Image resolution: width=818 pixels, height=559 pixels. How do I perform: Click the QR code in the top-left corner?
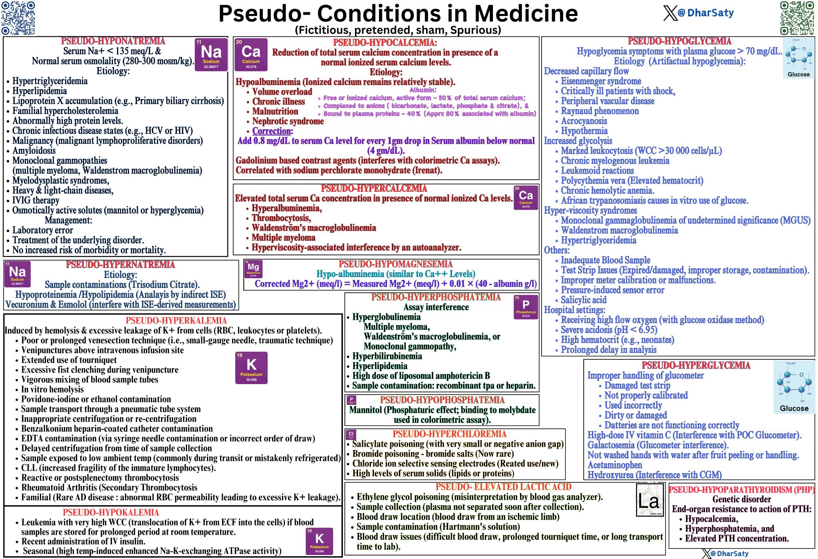[x=18, y=18]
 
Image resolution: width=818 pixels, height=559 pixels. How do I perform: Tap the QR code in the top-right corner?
[x=797, y=18]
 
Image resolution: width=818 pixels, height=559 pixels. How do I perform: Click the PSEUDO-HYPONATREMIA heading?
[x=113, y=41]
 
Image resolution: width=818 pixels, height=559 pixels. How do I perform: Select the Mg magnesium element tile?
[x=253, y=269]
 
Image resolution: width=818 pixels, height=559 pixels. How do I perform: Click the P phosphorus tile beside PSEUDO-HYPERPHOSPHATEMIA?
[x=526, y=307]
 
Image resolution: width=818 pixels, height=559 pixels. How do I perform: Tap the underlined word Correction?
[x=272, y=131]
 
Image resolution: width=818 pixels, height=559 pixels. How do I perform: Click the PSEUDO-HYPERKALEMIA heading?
[x=176, y=321]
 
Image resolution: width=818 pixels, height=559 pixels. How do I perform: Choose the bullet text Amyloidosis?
[x=34, y=151]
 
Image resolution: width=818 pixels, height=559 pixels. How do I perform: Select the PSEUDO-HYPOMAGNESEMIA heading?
[x=395, y=264]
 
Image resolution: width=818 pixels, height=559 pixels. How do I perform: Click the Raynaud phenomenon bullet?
[x=600, y=111]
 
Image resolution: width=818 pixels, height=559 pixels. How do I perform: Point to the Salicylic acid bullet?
[x=584, y=300]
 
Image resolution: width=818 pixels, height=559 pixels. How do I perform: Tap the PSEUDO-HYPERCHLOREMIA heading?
[x=449, y=434]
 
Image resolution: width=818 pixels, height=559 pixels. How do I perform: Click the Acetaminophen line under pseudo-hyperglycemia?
[x=615, y=465]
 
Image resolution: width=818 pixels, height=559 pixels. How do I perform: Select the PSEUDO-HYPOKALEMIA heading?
[x=111, y=512]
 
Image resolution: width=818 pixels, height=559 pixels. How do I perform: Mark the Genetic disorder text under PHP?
[x=741, y=499]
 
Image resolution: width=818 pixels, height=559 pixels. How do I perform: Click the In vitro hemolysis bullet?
[x=52, y=389]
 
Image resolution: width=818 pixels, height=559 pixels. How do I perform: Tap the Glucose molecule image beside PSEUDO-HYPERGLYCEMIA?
[x=794, y=387]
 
